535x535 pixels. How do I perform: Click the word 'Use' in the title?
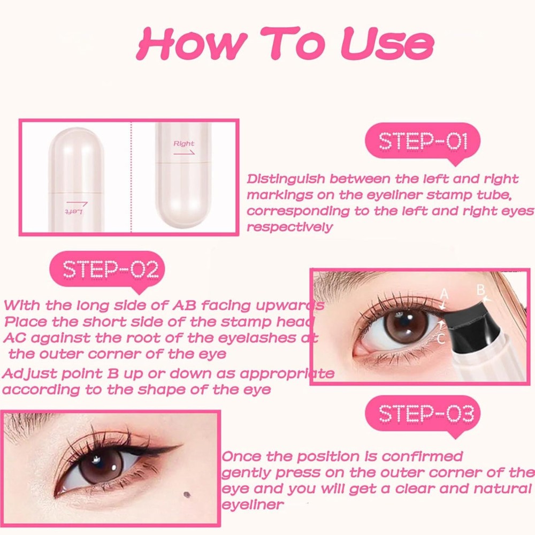[387, 44]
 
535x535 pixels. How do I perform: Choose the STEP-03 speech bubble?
[423, 414]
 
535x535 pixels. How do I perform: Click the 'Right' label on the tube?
[184, 143]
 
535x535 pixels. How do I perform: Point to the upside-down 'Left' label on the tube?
[75, 211]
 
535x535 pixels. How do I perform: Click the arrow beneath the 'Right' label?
[184, 152]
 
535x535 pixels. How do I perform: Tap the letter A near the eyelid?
[444, 294]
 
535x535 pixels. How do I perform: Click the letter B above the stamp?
[480, 289]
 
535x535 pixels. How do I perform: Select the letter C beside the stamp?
[441, 338]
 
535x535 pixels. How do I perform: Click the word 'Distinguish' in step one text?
[281, 179]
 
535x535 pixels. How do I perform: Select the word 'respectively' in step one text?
[289, 227]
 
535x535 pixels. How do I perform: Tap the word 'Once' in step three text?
[241, 456]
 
